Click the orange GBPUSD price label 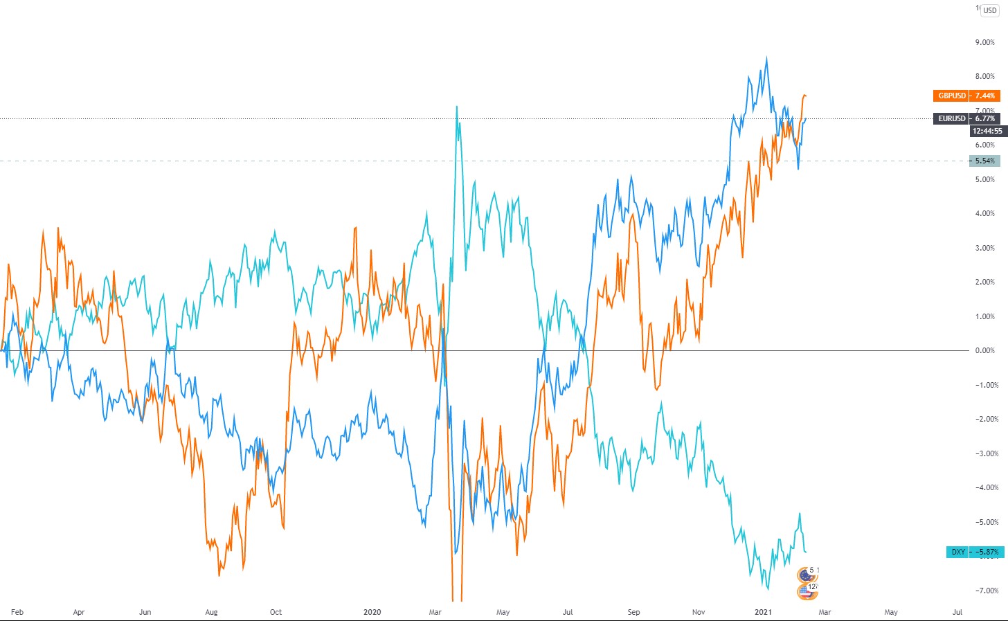966,96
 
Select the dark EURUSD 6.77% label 966,118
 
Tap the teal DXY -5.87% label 975,552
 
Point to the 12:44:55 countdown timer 987,131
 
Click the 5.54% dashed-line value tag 984,161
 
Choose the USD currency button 990,10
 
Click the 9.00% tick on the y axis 984,42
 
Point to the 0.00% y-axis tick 984,350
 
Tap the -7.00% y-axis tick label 984,591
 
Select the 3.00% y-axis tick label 984,248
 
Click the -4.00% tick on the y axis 984,487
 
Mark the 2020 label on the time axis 372,612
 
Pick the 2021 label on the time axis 763,612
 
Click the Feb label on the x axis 17,612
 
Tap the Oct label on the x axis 276,612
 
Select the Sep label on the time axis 633,612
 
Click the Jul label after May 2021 957,612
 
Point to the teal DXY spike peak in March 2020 457,107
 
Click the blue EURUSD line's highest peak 766,57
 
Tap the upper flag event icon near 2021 805,574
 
